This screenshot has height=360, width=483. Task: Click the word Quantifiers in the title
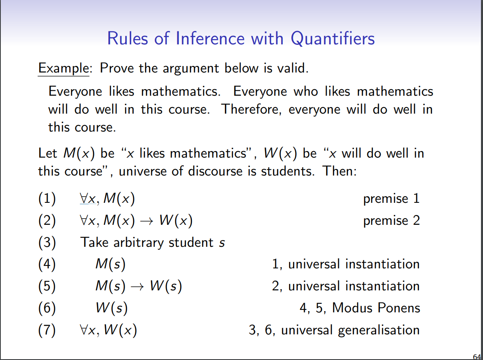(x=333, y=39)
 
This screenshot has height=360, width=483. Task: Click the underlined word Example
(x=63, y=68)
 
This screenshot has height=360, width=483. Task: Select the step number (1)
(x=47, y=199)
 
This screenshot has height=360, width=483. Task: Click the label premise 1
(x=391, y=199)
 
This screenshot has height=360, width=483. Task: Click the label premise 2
(x=391, y=221)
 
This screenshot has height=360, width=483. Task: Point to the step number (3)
(x=47, y=243)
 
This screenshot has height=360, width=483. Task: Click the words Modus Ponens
(x=376, y=308)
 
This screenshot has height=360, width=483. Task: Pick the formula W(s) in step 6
(x=111, y=308)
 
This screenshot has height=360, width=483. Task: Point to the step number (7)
(x=47, y=330)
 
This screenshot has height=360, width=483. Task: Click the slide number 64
(x=477, y=357)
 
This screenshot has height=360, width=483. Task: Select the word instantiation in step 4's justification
(x=382, y=264)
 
